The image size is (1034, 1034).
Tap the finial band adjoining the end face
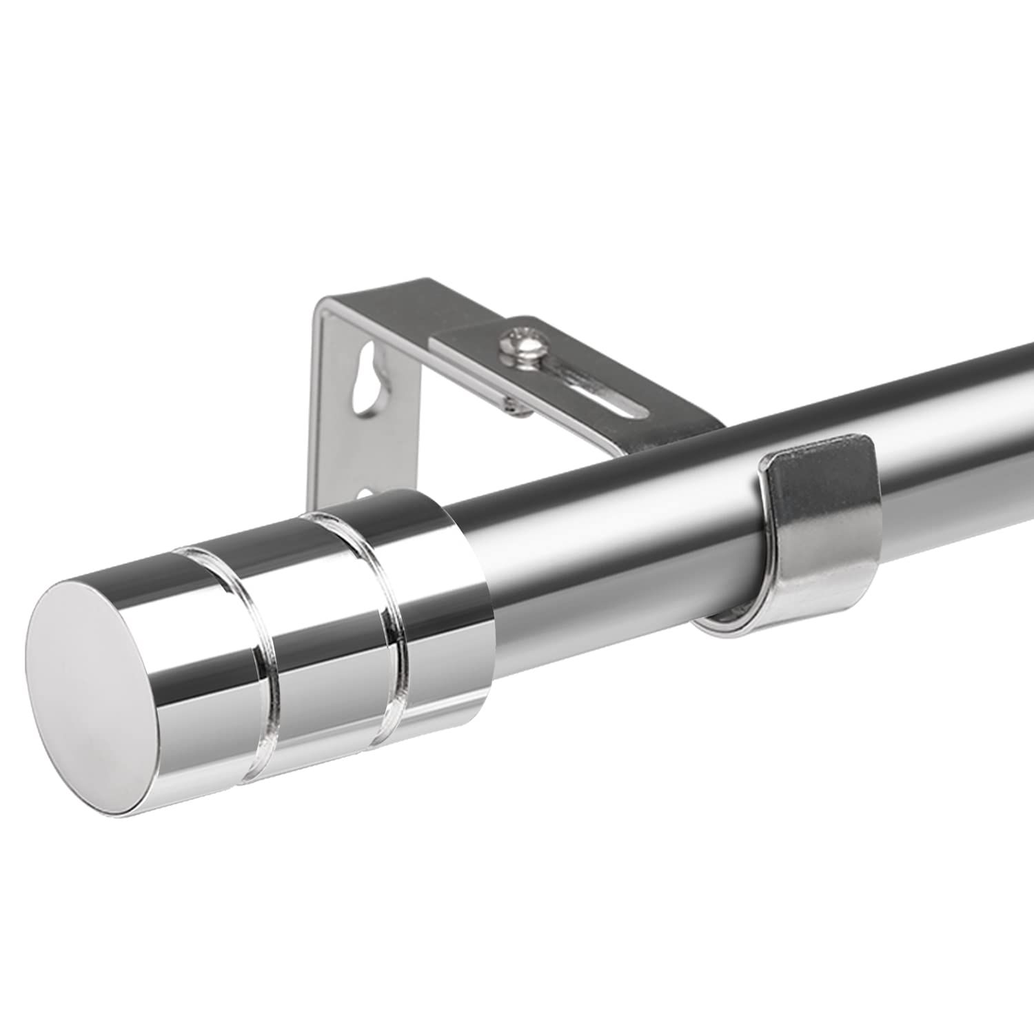(x=172, y=641)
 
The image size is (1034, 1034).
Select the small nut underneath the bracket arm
(x=513, y=408)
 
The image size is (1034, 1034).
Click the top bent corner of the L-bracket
(x=324, y=303)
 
